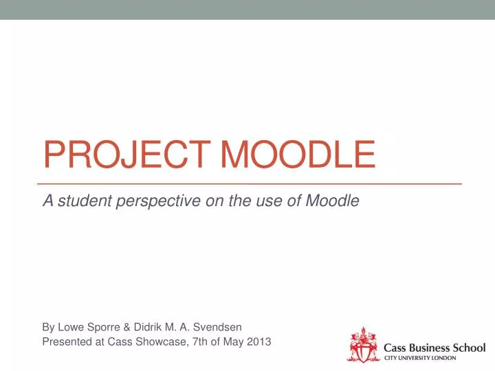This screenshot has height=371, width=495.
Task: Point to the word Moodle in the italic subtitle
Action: pyautogui.click(x=332, y=201)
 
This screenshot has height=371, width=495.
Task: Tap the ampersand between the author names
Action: pyautogui.click(x=129, y=327)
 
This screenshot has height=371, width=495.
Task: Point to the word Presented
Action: pyautogui.click(x=66, y=341)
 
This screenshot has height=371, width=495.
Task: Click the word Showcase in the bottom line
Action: pyautogui.click(x=159, y=341)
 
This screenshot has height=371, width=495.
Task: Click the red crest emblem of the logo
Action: pyautogui.click(x=362, y=345)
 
